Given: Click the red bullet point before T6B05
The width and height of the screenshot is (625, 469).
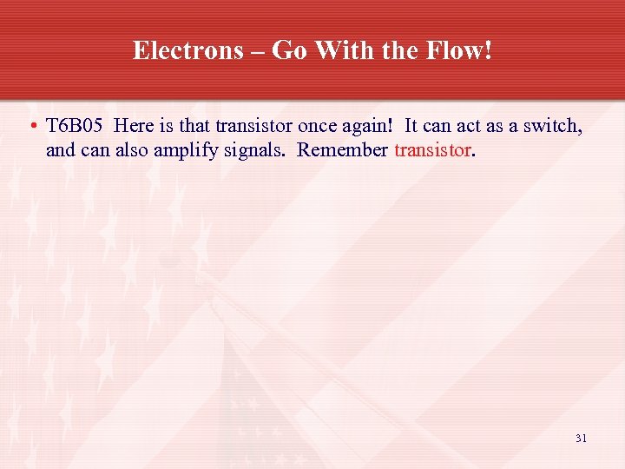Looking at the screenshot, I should coord(31,127).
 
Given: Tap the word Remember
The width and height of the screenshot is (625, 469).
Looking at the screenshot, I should coord(342,150).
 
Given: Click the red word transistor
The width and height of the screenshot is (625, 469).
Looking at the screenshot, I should coord(432,150).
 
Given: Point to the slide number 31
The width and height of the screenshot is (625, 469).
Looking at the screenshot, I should coord(581,439).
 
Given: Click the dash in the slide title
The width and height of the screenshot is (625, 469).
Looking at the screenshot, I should coord(258,50).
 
